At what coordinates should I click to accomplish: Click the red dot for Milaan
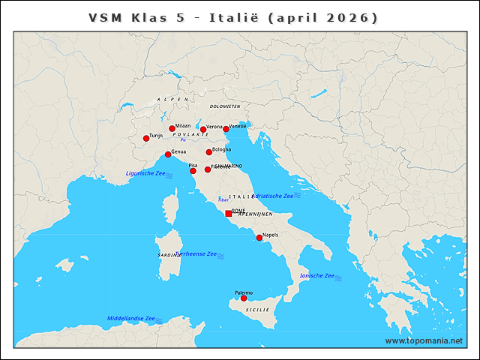point(172,128)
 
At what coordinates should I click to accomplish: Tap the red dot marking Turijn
point(146,138)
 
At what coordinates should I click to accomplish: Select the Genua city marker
point(168,154)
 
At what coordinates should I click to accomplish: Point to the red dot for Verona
point(203,130)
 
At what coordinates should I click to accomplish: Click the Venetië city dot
point(226,129)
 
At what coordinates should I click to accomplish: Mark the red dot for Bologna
point(209,152)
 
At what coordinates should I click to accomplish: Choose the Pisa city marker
point(193,171)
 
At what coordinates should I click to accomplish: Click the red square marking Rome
point(229,214)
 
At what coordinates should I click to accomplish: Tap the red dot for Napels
point(259,238)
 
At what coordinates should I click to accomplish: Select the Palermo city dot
point(244,298)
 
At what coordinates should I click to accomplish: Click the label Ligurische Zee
point(145,173)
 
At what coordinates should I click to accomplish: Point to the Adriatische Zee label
point(272,196)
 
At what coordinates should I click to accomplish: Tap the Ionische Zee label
point(316,276)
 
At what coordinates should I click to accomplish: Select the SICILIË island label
point(256,309)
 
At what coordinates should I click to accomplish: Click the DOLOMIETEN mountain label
point(225,106)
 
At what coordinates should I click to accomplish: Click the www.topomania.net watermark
point(424,340)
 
